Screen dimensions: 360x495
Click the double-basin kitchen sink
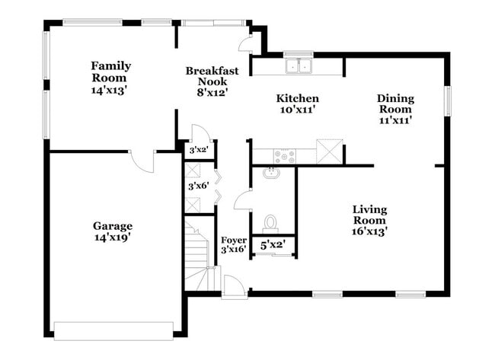(299, 66)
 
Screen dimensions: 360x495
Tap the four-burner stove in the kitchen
(285, 156)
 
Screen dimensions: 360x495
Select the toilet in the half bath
(270, 222)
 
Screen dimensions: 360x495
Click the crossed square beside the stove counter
(330, 151)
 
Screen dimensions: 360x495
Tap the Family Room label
(111, 72)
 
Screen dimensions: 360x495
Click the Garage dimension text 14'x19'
(113, 237)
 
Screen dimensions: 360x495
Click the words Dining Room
(395, 104)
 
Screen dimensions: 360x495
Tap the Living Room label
(369, 215)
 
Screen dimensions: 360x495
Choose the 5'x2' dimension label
(273, 246)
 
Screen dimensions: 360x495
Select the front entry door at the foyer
(235, 288)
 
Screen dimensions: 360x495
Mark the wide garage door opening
(113, 330)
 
